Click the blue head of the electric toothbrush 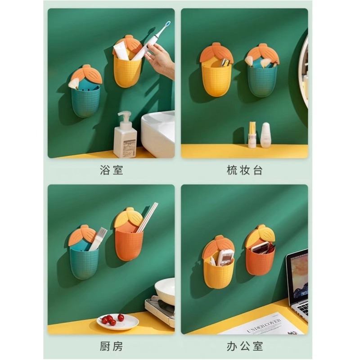pos(168,23)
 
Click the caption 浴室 pos(111,170)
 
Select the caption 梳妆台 pos(244,170)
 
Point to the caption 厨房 pos(111,346)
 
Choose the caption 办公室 pos(244,346)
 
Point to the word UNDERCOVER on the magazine pos(264,326)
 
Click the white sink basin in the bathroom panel pos(158,133)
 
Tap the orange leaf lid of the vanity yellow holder pos(217,53)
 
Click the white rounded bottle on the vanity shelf pos(266,135)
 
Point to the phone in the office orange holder pos(260,248)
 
